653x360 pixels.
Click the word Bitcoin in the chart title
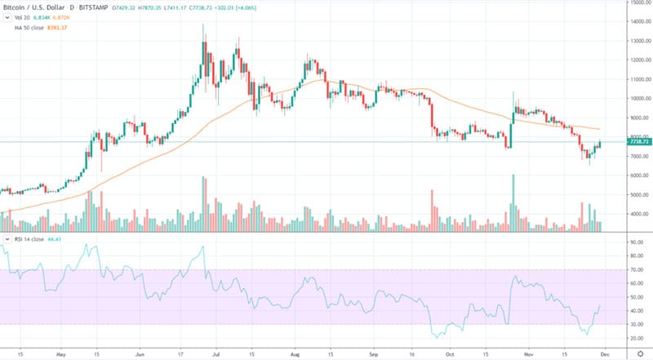pyautogui.click(x=16, y=7)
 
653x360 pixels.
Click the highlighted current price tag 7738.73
pyautogui.click(x=639, y=142)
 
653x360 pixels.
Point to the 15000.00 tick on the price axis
pyautogui.click(x=639, y=3)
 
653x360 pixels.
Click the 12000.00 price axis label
pyautogui.click(x=639, y=60)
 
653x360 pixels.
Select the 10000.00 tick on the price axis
pyautogui.click(x=639, y=98)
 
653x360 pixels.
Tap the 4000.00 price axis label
pyautogui.click(x=639, y=214)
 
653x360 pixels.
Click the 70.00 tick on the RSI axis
pyautogui.click(x=637, y=269)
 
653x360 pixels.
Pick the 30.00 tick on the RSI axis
pyautogui.click(x=637, y=324)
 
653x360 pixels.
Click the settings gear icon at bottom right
pyautogui.click(x=639, y=352)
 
